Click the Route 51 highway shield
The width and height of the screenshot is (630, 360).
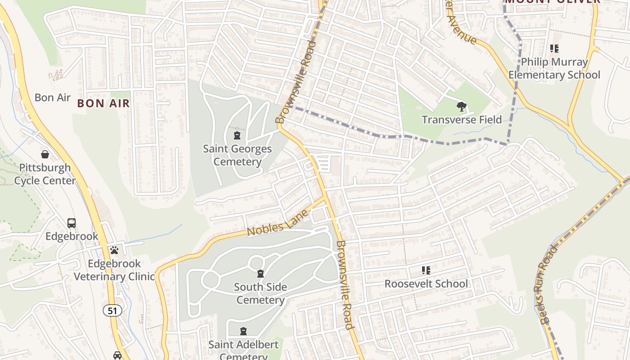pyautogui.click(x=112, y=310)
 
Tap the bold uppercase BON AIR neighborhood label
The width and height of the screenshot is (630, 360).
pyautogui.click(x=103, y=103)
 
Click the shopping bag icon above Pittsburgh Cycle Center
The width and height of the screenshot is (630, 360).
pyautogui.click(x=45, y=155)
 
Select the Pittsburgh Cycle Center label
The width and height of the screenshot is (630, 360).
pyautogui.click(x=45, y=174)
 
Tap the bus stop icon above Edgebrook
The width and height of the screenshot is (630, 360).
pyautogui.click(x=71, y=223)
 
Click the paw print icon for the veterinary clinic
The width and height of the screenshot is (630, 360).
pyautogui.click(x=114, y=250)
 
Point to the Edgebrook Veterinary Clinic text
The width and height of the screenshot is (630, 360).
pyautogui.click(x=114, y=270)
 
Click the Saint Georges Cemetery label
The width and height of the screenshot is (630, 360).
pyautogui.click(x=237, y=155)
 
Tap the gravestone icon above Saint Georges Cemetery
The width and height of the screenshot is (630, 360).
pyautogui.click(x=237, y=135)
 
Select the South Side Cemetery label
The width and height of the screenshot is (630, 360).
pyautogui.click(x=260, y=293)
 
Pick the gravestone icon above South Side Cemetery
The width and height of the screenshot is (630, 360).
pyautogui.click(x=260, y=274)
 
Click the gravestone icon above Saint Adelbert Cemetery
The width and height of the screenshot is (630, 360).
pyautogui.click(x=243, y=332)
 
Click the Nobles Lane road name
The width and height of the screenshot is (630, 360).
pyautogui.click(x=278, y=224)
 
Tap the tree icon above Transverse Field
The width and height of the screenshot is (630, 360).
pyautogui.click(x=461, y=107)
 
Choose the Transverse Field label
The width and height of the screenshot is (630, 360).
pyautogui.click(x=461, y=120)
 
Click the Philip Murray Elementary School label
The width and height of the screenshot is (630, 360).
pyautogui.click(x=554, y=68)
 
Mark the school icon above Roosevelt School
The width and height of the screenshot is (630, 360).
pyautogui.click(x=426, y=270)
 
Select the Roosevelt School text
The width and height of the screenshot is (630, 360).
pyautogui.click(x=426, y=284)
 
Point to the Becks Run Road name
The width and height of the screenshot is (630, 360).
pyautogui.click(x=548, y=284)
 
